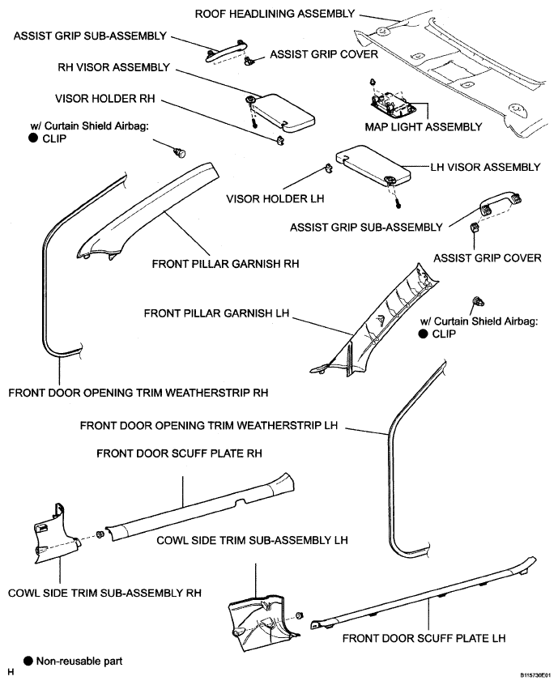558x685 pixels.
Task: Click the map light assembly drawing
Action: point(390,104)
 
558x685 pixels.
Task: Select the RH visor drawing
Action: point(279,109)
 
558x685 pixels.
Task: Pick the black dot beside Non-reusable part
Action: point(28,661)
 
